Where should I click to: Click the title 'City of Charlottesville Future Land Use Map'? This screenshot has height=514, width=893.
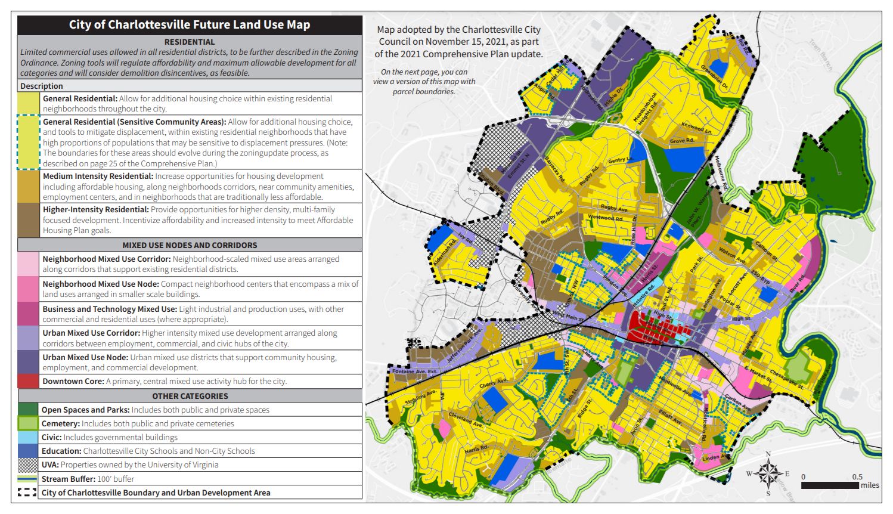coord(190,25)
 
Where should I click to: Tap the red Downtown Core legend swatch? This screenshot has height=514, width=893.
coord(29,381)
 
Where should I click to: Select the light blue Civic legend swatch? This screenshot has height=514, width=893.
coord(28,437)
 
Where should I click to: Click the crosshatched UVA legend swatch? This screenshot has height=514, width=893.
coord(28,465)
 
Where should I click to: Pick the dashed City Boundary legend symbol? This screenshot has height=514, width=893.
coord(27,493)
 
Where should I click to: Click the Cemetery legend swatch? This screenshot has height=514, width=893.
coord(28,423)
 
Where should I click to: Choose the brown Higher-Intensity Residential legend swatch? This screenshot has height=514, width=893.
coord(29,220)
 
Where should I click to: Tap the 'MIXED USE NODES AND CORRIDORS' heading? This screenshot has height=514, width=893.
coord(190,245)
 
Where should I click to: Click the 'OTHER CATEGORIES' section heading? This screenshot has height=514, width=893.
coord(190,396)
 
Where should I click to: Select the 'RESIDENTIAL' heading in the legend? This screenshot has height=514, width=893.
coord(190,42)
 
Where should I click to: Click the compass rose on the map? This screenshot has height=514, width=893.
coord(768,473)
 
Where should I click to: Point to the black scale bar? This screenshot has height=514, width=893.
coord(830,485)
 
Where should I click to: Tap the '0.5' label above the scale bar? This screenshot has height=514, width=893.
coord(857,476)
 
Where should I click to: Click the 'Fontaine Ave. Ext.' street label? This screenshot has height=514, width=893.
coord(415,371)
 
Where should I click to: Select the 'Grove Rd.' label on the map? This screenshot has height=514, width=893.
coord(681,141)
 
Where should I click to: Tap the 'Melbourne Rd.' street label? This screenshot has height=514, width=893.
coord(721,173)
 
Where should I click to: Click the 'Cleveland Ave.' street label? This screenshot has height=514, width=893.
coord(465,419)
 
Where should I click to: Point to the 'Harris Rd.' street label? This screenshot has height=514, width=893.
coord(476,448)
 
